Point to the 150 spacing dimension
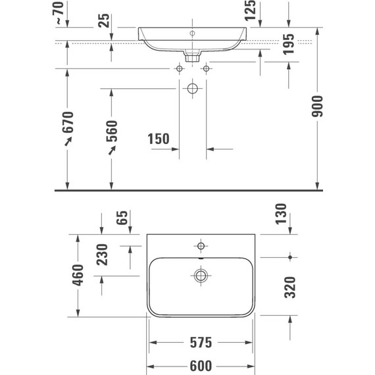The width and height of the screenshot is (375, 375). (x=159, y=139)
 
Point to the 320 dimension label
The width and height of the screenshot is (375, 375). (x=289, y=286)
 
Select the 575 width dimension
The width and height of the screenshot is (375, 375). (x=200, y=343)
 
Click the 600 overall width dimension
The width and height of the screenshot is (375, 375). (x=200, y=366)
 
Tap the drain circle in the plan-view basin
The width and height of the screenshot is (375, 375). (x=201, y=275)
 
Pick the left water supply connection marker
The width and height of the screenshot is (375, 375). (x=178, y=68)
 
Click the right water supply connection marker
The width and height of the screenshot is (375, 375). (x=207, y=68)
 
